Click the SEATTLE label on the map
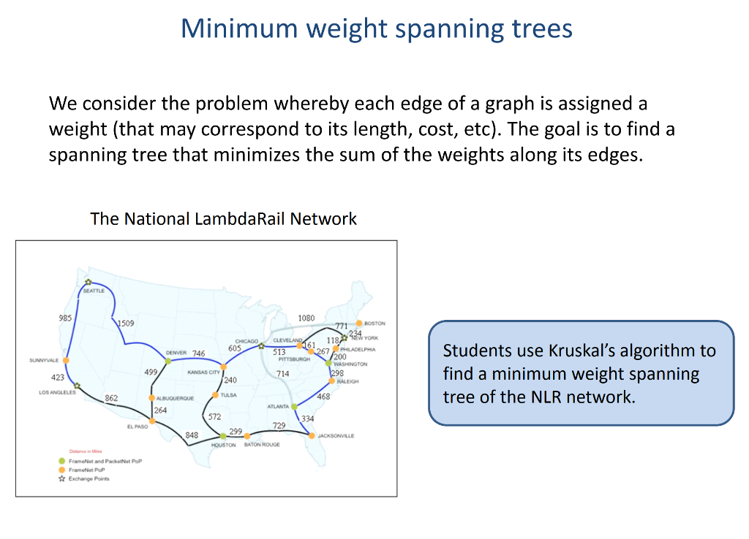coord(94,291)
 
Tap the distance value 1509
coord(124,323)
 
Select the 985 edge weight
coord(65,318)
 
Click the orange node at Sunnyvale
coord(66,360)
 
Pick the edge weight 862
coord(111,398)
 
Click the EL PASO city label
coord(138,427)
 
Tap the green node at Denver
coord(168,361)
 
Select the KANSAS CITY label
coord(204,372)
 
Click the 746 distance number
coord(198,353)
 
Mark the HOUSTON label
coord(223,445)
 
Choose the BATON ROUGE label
coord(262,445)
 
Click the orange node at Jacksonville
coord(312,435)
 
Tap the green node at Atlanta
coord(294,406)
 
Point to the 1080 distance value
coord(306,318)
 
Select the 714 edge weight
coord(282,374)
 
